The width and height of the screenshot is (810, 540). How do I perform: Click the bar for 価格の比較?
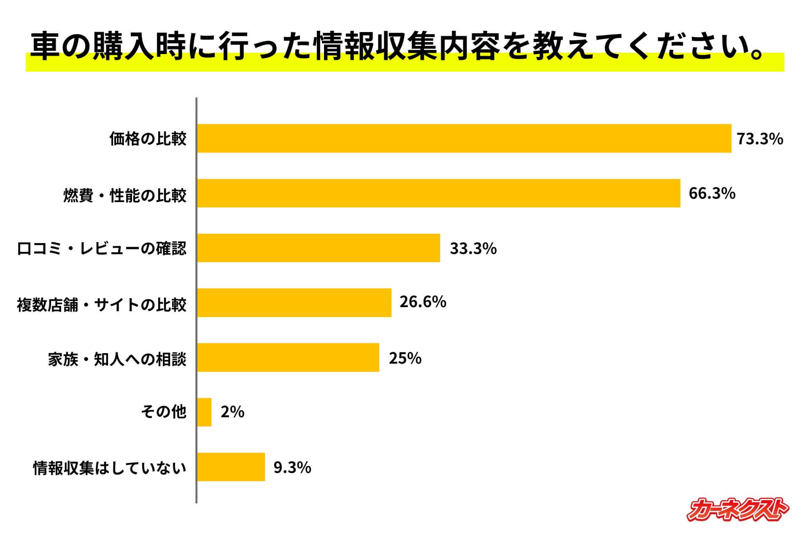(464, 138)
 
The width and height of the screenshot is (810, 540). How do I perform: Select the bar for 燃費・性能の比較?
(439, 193)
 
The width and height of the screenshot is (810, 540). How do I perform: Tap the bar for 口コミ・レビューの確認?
(319, 248)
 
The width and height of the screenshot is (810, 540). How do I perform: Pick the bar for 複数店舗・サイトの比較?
(294, 302)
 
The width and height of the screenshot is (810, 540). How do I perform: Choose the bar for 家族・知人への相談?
(288, 357)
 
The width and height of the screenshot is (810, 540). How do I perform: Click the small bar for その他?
(205, 412)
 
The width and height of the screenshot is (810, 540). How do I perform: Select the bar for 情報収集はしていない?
(231, 467)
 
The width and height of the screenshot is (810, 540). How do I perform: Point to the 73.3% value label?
(760, 139)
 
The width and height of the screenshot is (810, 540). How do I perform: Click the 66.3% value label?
(712, 193)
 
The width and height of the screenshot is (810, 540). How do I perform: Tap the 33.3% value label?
(473, 248)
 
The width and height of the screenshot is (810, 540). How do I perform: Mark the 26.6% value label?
(423, 302)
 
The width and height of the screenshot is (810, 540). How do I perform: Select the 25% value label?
(405, 358)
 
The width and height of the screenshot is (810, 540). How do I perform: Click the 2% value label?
(232, 412)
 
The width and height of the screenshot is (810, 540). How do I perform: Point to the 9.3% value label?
(292, 467)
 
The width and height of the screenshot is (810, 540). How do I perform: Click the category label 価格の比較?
(148, 139)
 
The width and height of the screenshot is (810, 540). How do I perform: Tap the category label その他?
(164, 412)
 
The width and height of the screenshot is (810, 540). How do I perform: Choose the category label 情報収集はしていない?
(110, 468)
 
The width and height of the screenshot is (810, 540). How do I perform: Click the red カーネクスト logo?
(737, 510)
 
